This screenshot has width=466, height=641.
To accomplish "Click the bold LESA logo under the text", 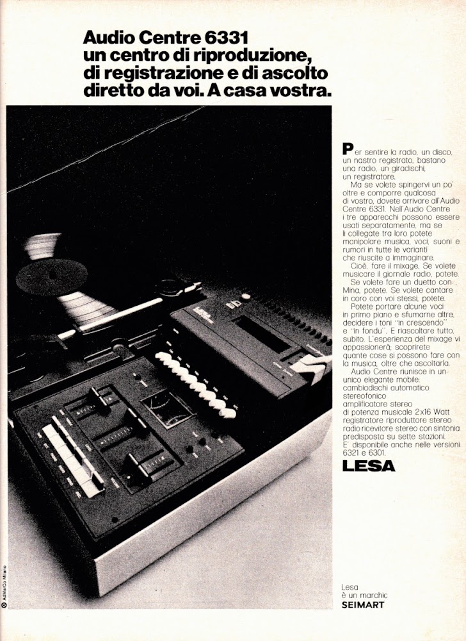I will click(369, 465).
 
